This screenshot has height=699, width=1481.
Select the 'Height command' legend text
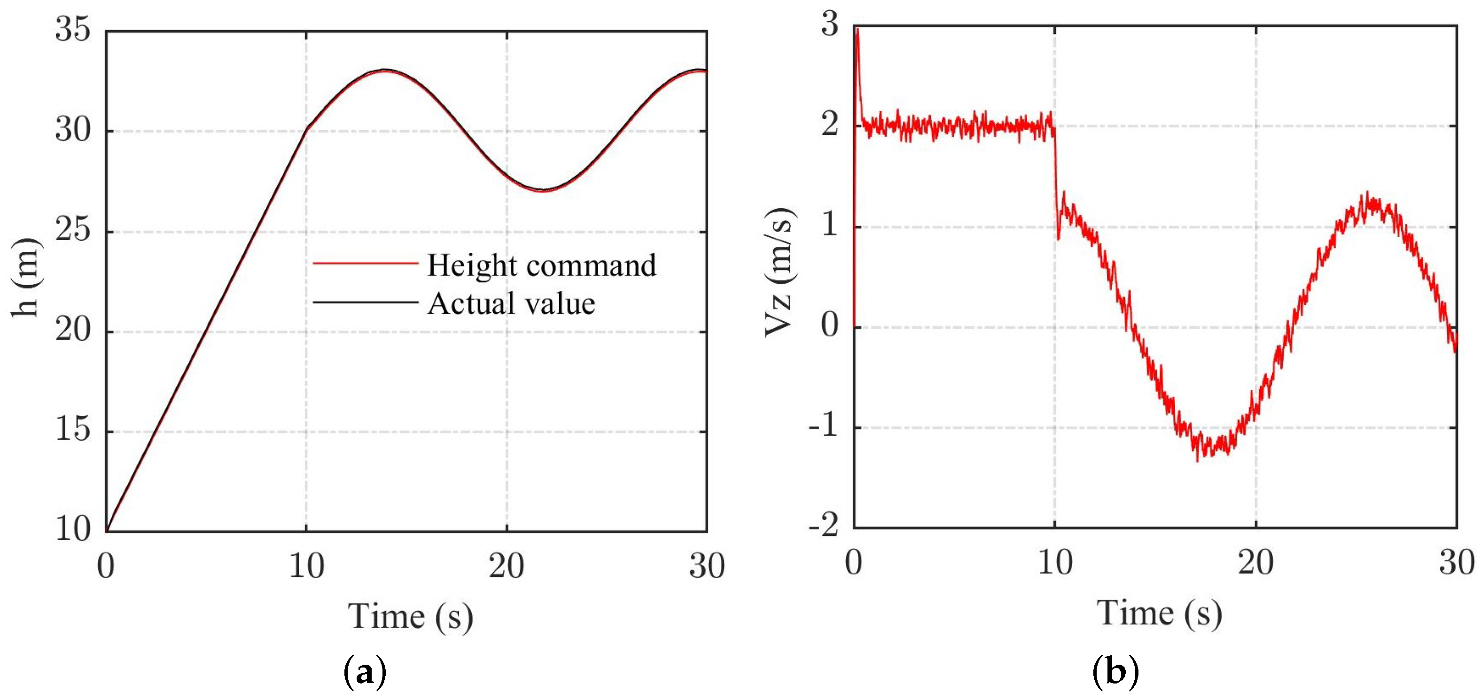click(541, 265)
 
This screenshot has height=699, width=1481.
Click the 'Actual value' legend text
click(511, 303)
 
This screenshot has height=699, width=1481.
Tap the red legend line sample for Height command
click(366, 263)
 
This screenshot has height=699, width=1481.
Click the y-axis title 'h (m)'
click(26, 277)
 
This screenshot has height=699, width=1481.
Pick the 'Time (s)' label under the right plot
click(1159, 614)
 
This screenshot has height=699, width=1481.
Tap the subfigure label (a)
click(365, 671)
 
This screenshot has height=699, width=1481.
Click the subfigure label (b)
click(1115, 671)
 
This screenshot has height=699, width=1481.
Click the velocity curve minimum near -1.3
click(1198, 460)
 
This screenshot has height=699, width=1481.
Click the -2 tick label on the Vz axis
click(823, 527)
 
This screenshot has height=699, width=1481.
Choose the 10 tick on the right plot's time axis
click(1055, 563)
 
